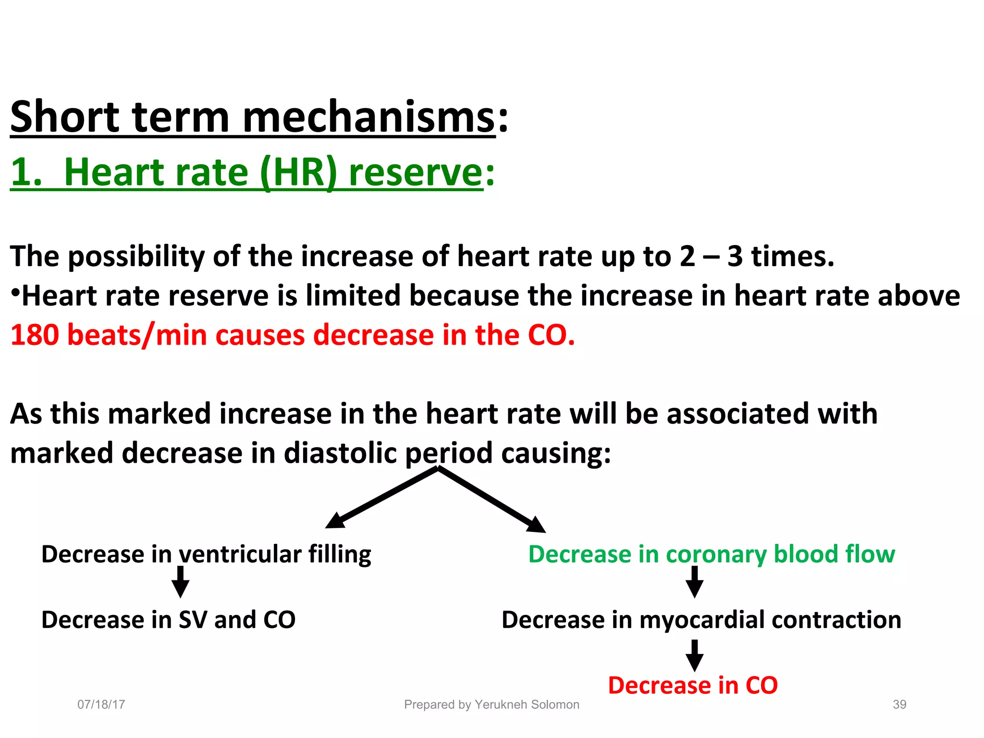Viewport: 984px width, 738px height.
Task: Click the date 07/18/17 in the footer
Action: [x=101, y=704]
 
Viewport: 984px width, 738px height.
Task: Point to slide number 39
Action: [x=899, y=704]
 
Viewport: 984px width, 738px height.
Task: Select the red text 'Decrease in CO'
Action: [x=692, y=685]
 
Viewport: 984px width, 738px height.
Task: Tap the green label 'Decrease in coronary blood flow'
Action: [x=712, y=554]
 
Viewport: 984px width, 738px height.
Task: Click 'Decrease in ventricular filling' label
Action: [x=206, y=554]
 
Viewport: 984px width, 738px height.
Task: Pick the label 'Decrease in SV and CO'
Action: [x=168, y=619]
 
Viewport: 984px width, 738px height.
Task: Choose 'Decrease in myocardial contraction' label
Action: [x=701, y=619]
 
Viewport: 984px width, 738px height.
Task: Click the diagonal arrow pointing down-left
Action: [x=380, y=499]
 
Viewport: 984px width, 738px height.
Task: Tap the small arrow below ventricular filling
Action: [x=180, y=582]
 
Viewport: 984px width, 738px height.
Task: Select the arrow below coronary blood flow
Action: [x=694, y=582]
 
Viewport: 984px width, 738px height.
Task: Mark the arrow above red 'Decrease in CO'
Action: [x=694, y=656]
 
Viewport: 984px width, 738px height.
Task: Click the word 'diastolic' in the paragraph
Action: [x=340, y=453]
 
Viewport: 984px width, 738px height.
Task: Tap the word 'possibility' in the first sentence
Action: [x=136, y=256]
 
